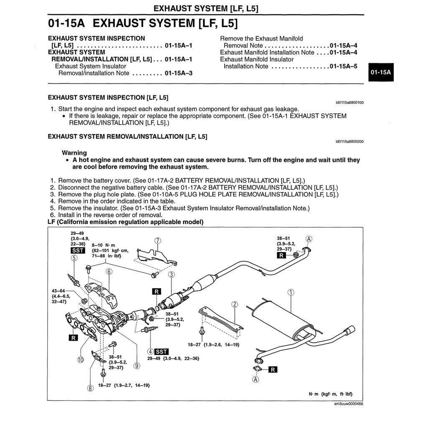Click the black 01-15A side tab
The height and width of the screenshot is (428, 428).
point(380,72)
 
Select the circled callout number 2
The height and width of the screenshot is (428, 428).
point(235,305)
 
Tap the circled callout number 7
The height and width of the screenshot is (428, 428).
point(158,241)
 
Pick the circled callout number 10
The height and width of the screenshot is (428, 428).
point(80,359)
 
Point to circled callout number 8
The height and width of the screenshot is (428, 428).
point(90,388)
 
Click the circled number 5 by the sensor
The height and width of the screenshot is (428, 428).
point(74,258)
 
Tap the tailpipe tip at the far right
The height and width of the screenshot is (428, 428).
point(350,330)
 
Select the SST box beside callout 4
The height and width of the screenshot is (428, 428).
point(161,352)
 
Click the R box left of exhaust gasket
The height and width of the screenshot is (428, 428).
point(156,291)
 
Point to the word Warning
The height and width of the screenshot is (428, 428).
point(74,153)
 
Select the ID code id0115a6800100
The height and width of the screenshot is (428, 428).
point(349,102)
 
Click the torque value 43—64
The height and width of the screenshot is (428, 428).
point(58,290)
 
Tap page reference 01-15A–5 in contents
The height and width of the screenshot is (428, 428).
point(343,66)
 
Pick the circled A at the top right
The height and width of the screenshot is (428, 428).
point(309,239)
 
